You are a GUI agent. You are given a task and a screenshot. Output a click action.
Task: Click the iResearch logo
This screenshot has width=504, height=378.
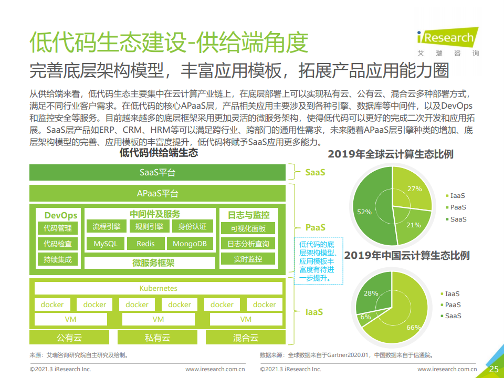(x=448, y=42)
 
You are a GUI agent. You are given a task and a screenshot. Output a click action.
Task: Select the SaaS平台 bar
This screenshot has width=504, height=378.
(x=157, y=173)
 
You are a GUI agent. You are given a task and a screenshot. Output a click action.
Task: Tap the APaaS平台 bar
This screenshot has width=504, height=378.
(x=157, y=194)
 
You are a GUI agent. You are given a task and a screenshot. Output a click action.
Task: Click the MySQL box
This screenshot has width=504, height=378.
(x=106, y=244)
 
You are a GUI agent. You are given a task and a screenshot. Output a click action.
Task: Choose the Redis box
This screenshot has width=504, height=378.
(x=145, y=244)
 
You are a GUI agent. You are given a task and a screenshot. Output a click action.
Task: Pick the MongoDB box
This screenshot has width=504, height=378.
(x=190, y=244)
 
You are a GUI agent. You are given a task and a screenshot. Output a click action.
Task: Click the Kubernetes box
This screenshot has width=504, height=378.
(x=159, y=288)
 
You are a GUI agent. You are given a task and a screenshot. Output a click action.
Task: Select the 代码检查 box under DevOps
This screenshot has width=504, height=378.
(x=58, y=244)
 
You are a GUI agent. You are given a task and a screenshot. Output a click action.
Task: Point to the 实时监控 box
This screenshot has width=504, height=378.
(x=248, y=259)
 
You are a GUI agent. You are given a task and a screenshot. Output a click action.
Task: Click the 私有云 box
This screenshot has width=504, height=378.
(x=157, y=338)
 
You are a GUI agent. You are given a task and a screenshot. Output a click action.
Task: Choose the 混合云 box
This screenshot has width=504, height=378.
(x=246, y=338)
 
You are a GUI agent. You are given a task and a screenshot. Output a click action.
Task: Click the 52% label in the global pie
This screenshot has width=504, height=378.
(x=364, y=212)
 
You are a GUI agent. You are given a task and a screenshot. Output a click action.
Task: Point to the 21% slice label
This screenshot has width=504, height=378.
(x=413, y=225)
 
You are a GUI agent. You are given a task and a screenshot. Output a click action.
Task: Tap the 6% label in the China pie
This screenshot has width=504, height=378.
(x=366, y=317)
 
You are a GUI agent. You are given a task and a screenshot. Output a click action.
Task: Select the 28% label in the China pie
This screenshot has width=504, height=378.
(x=371, y=293)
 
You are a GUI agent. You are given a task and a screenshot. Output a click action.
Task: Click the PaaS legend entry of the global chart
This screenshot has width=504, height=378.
(x=456, y=207)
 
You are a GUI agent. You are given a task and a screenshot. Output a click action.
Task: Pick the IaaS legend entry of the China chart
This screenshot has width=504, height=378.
(x=450, y=294)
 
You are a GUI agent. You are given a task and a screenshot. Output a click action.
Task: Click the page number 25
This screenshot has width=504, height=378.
(x=493, y=369)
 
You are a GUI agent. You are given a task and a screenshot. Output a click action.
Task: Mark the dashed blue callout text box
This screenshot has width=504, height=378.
(x=319, y=261)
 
